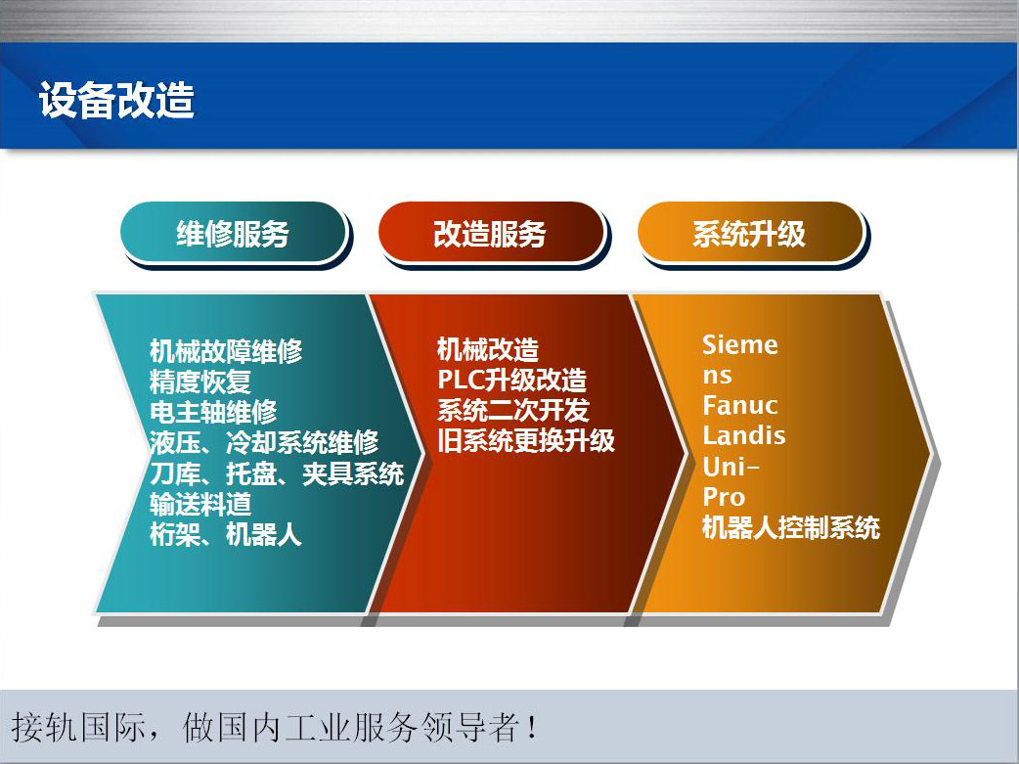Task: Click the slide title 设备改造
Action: point(117,100)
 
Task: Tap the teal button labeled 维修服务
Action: point(234,233)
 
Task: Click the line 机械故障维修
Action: point(226,350)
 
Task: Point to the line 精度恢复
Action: point(200,382)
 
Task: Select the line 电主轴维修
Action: point(213,412)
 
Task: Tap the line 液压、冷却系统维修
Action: point(264,442)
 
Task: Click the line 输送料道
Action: point(200,504)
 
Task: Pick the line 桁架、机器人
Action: point(226,534)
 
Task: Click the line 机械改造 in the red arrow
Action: point(487,349)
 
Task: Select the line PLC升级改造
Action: point(512,380)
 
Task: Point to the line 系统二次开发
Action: point(512,410)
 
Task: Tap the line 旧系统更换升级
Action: point(526,441)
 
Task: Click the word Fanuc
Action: point(740,406)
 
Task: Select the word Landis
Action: point(744,435)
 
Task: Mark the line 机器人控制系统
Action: point(791,527)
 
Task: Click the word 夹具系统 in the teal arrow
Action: point(353,473)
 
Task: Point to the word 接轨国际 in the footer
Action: point(78,727)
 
